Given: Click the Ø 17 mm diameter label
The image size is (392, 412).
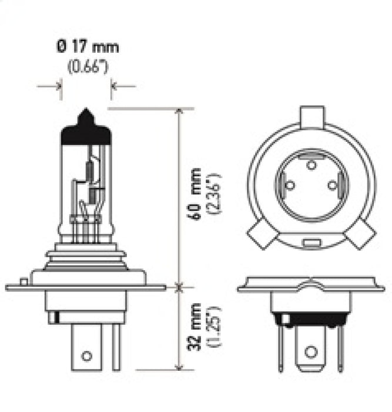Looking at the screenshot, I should tap(86, 45).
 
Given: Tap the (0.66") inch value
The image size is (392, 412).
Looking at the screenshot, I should tap(86, 68).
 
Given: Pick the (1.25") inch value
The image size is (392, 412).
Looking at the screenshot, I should tap(214, 327).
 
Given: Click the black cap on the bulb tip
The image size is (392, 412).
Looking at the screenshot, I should tap(86, 129).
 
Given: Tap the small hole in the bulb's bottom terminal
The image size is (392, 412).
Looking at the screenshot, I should tap(86, 356).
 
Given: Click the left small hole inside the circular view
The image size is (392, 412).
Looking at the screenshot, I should tap(289, 186).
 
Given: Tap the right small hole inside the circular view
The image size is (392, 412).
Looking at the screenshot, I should tap(332, 186).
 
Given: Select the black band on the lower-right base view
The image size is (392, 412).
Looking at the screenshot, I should tap(310, 321).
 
